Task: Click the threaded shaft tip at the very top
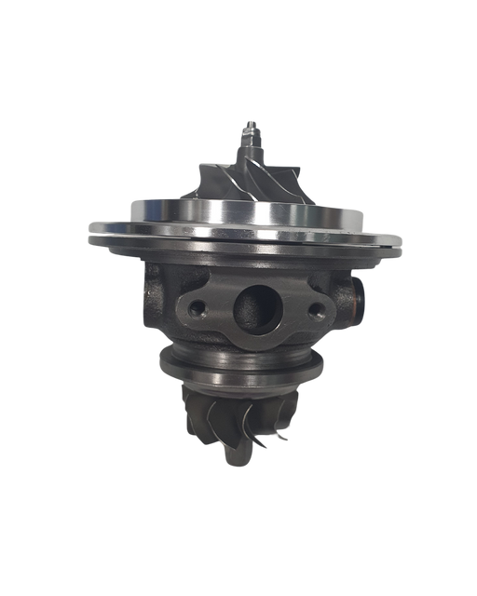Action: pyautogui.click(x=251, y=124)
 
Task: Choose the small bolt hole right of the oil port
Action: pyautogui.click(x=316, y=309)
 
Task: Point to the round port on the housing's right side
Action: pyautogui.click(x=360, y=298)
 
